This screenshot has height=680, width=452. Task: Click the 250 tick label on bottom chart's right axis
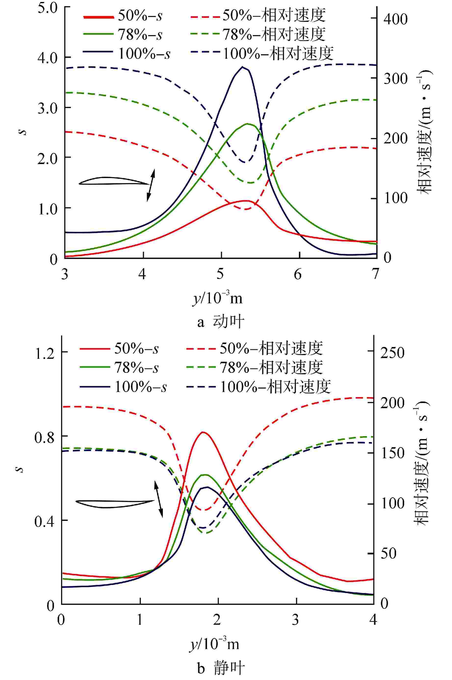click(x=392, y=353)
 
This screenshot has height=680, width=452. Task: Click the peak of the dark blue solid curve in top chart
click(x=242, y=67)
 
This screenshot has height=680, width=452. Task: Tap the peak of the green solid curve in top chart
click(x=247, y=124)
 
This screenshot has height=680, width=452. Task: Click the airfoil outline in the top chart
click(x=114, y=181)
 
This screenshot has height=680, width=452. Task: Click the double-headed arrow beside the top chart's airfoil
click(x=151, y=185)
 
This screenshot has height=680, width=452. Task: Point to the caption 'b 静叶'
click(x=220, y=660)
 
